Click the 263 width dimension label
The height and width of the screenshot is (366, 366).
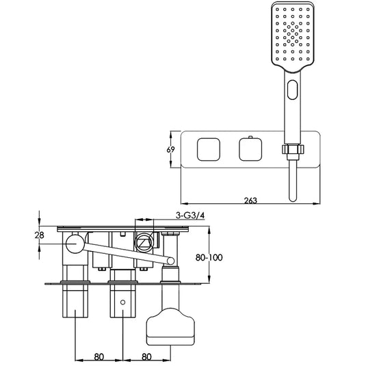(x=250, y=200)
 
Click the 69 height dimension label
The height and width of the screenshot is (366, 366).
(x=170, y=149)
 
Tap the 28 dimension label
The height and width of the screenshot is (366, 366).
(x=39, y=235)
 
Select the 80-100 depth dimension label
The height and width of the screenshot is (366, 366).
(x=209, y=257)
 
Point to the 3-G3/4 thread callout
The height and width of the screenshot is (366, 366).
(x=190, y=215)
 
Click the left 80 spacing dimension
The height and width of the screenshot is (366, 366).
(x=99, y=356)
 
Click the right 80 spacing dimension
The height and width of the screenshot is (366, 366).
(x=146, y=356)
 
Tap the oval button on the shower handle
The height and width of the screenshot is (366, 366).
(x=293, y=90)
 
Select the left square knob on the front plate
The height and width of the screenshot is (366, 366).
(x=209, y=149)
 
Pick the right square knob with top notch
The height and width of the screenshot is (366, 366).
(x=250, y=149)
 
